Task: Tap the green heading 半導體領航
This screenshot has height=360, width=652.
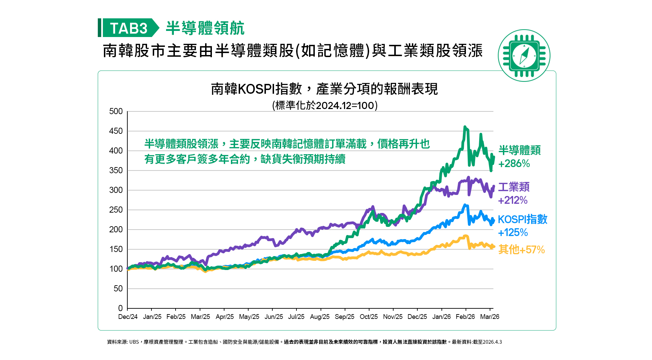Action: click(x=205, y=28)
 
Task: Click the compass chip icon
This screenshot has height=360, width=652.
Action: click(x=524, y=55)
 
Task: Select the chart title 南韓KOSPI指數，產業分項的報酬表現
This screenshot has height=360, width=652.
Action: click(x=324, y=89)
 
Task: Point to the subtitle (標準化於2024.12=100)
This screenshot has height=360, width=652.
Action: click(x=325, y=105)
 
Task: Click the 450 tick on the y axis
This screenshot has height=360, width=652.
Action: click(x=116, y=131)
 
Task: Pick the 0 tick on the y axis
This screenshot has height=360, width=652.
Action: click(x=120, y=308)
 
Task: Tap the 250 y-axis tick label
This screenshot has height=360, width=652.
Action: click(x=116, y=210)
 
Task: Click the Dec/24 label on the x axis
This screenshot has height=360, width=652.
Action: click(x=128, y=317)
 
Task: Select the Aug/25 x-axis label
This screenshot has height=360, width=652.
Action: click(x=320, y=317)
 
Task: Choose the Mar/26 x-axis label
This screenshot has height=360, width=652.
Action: click(x=490, y=317)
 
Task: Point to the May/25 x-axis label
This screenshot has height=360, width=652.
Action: click(x=249, y=317)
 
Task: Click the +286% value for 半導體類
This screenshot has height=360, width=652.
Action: click(x=514, y=164)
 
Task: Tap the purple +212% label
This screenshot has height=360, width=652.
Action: click(x=513, y=200)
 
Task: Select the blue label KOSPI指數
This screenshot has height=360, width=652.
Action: click(x=523, y=219)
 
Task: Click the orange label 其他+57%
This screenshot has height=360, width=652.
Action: click(x=522, y=250)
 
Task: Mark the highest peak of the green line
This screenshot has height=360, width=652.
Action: click(x=465, y=127)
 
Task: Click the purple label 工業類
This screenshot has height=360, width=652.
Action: click(x=514, y=187)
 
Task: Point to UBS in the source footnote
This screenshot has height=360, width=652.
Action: click(x=134, y=342)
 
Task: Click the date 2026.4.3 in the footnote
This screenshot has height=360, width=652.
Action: click(x=492, y=342)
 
